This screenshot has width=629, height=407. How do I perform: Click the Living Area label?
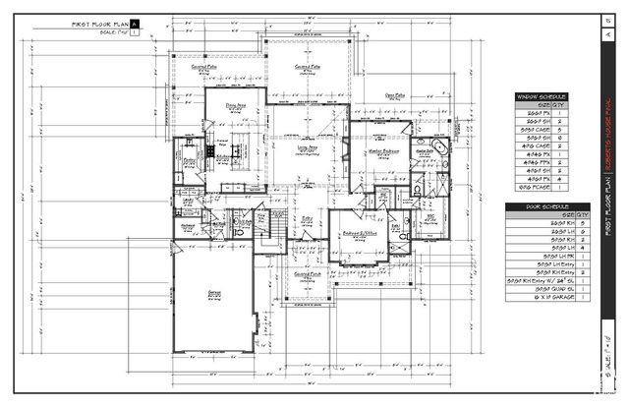307,149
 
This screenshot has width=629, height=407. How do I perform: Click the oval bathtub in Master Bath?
436,150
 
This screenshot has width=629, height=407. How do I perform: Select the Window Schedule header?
542,96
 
